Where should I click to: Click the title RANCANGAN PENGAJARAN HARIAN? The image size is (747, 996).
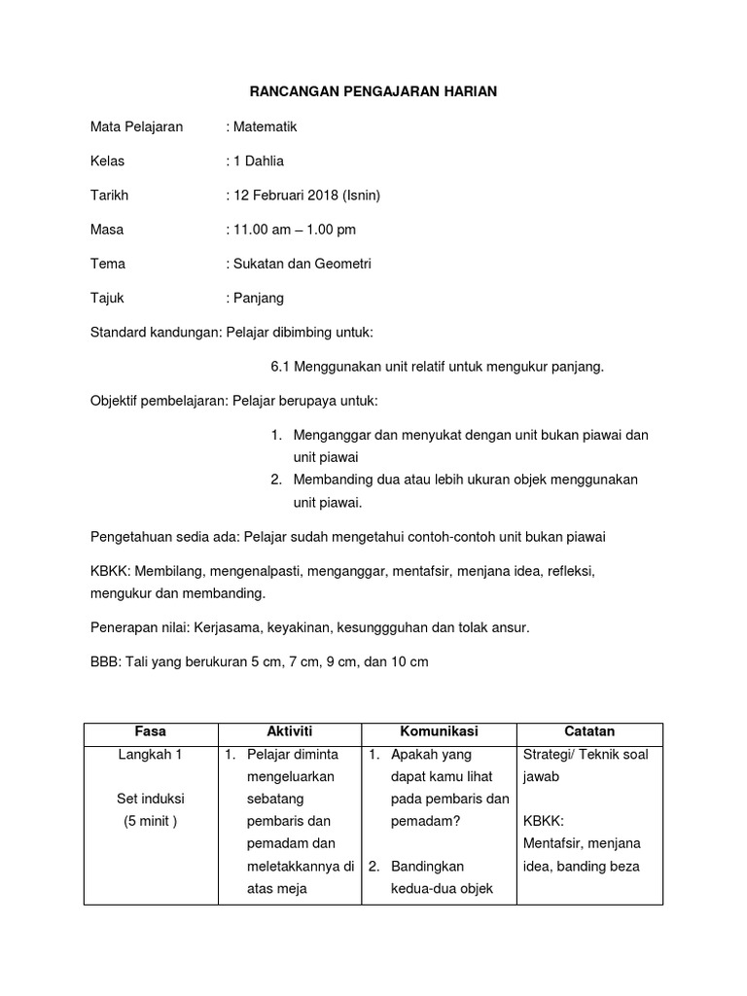pos(373,91)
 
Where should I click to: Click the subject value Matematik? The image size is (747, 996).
pos(264,126)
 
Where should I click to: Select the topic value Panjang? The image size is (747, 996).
pos(258,298)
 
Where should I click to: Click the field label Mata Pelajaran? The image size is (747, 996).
pos(136,126)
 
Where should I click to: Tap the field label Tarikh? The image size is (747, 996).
pos(109,195)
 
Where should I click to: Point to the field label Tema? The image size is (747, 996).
pos(108,264)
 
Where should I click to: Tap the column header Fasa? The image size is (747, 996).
pos(151,731)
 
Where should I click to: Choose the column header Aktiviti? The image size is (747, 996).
pos(289,731)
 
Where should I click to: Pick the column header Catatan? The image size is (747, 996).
pos(589,731)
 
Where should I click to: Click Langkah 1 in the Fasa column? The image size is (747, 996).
pos(151,755)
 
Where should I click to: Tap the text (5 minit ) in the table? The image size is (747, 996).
pos(151,821)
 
